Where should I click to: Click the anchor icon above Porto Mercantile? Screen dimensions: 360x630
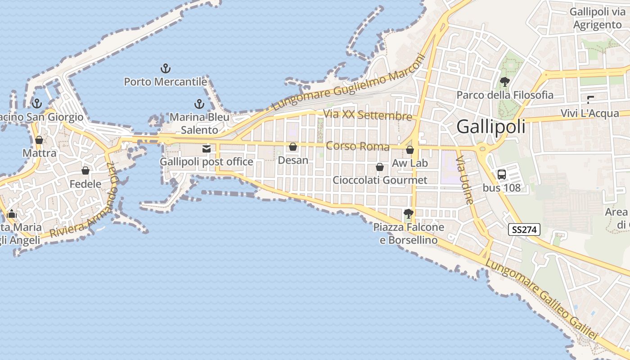click(x=166, y=69)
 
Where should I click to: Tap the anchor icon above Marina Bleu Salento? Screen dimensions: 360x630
click(x=199, y=104)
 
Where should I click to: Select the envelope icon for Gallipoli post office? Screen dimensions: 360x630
click(x=207, y=149)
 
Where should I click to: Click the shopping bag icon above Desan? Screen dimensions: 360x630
click(x=293, y=147)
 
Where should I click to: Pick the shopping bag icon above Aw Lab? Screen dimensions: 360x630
click(x=409, y=150)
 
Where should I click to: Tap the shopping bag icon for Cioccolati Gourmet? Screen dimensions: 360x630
click(x=380, y=167)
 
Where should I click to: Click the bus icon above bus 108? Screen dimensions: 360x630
click(x=501, y=175)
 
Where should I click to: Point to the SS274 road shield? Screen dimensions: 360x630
click(x=524, y=229)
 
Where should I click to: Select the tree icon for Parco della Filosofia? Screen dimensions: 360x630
click(x=505, y=82)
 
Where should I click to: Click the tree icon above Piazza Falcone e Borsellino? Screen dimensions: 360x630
click(x=409, y=214)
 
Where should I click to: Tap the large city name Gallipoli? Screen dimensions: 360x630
click(x=491, y=127)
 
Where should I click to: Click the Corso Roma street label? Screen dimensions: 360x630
click(x=357, y=146)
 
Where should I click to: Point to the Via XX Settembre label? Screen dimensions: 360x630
click(x=368, y=115)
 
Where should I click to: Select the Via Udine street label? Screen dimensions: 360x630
click(x=465, y=180)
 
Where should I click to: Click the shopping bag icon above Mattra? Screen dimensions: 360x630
click(x=39, y=140)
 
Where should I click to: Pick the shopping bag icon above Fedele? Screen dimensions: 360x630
click(x=85, y=171)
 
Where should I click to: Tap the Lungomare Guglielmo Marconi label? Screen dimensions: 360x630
click(x=349, y=83)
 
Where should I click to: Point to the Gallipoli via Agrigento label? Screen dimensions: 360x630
click(x=598, y=18)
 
